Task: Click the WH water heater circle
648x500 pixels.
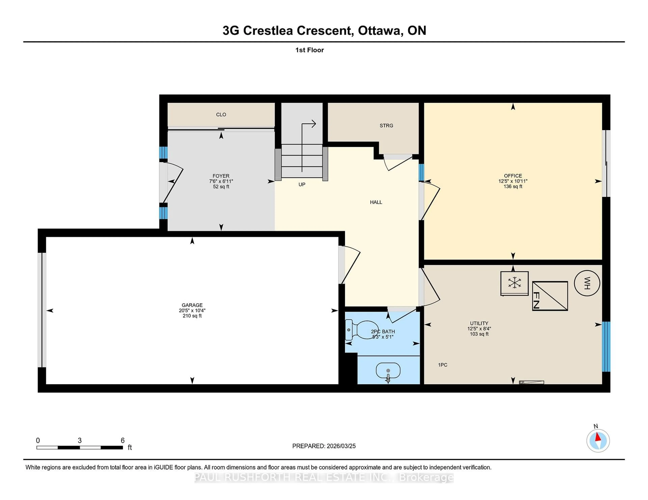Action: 587,283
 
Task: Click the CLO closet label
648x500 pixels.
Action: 221,115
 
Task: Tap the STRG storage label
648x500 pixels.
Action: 386,126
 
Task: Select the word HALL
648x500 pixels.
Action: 376,202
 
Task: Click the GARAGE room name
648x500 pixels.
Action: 192,305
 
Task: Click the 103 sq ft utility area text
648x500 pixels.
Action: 479,334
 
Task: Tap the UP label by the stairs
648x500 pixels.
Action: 302,184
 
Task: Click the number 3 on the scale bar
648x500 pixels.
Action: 79,441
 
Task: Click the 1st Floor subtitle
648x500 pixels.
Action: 309,50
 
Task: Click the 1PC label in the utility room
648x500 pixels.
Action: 443,365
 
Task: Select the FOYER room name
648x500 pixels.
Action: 221,176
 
